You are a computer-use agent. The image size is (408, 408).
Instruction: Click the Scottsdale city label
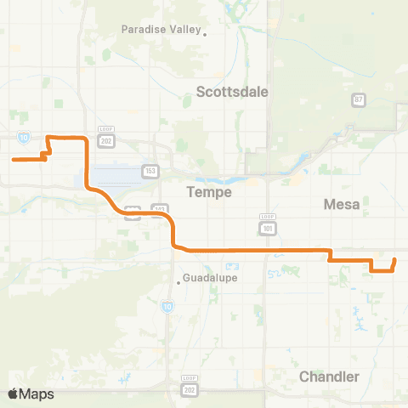pyautogui.click(x=232, y=91)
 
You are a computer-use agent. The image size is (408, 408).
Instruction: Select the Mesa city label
pyautogui.click(x=343, y=204)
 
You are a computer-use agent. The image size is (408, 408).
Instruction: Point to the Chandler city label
pyautogui.click(x=329, y=377)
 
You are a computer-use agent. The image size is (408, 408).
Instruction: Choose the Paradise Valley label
pyautogui.click(x=160, y=29)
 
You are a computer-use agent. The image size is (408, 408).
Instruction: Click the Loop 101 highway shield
pyautogui.click(x=266, y=225)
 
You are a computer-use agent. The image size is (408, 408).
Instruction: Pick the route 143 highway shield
pyautogui.click(x=160, y=209)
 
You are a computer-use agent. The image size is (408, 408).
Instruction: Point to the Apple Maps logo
pyautogui.click(x=31, y=394)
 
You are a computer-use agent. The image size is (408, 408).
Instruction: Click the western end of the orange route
pyautogui.click(x=13, y=159)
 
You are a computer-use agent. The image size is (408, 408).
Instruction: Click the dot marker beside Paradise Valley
pyautogui.click(x=204, y=34)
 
